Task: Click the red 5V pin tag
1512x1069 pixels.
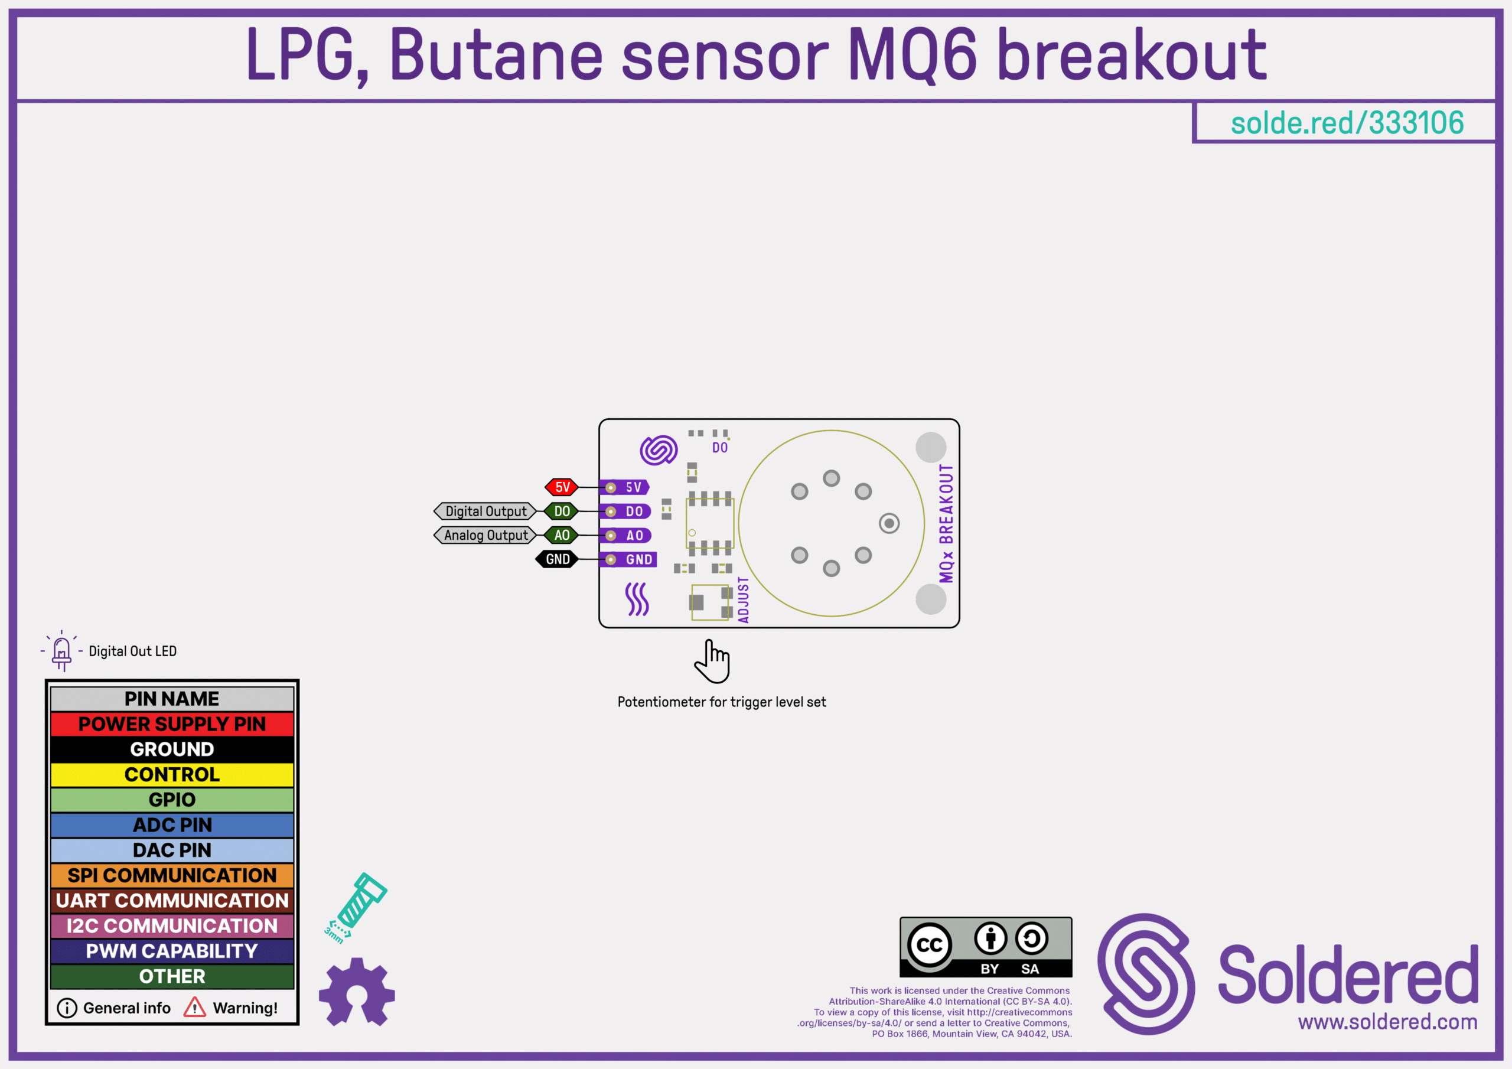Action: point(562,487)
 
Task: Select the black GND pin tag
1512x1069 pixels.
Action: point(557,559)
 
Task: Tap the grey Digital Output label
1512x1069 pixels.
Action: point(485,511)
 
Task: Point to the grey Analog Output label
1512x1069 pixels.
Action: point(485,535)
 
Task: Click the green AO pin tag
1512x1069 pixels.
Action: point(561,535)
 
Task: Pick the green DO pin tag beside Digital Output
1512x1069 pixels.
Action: point(561,511)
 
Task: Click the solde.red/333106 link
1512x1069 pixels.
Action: point(1347,122)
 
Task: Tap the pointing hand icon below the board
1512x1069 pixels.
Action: point(712,661)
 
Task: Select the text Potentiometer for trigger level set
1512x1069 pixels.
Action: point(722,702)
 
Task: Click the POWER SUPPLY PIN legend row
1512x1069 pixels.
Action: point(172,724)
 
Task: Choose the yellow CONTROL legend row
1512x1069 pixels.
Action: point(172,774)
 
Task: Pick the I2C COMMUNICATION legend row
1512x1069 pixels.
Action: point(172,925)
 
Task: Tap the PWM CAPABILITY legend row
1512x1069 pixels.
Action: point(172,951)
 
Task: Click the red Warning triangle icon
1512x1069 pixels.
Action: point(194,1007)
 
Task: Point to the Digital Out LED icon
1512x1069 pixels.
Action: point(61,651)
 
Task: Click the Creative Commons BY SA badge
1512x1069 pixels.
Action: point(986,947)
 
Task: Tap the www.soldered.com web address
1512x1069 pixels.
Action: point(1387,1022)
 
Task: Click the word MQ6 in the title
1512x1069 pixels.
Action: point(913,56)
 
